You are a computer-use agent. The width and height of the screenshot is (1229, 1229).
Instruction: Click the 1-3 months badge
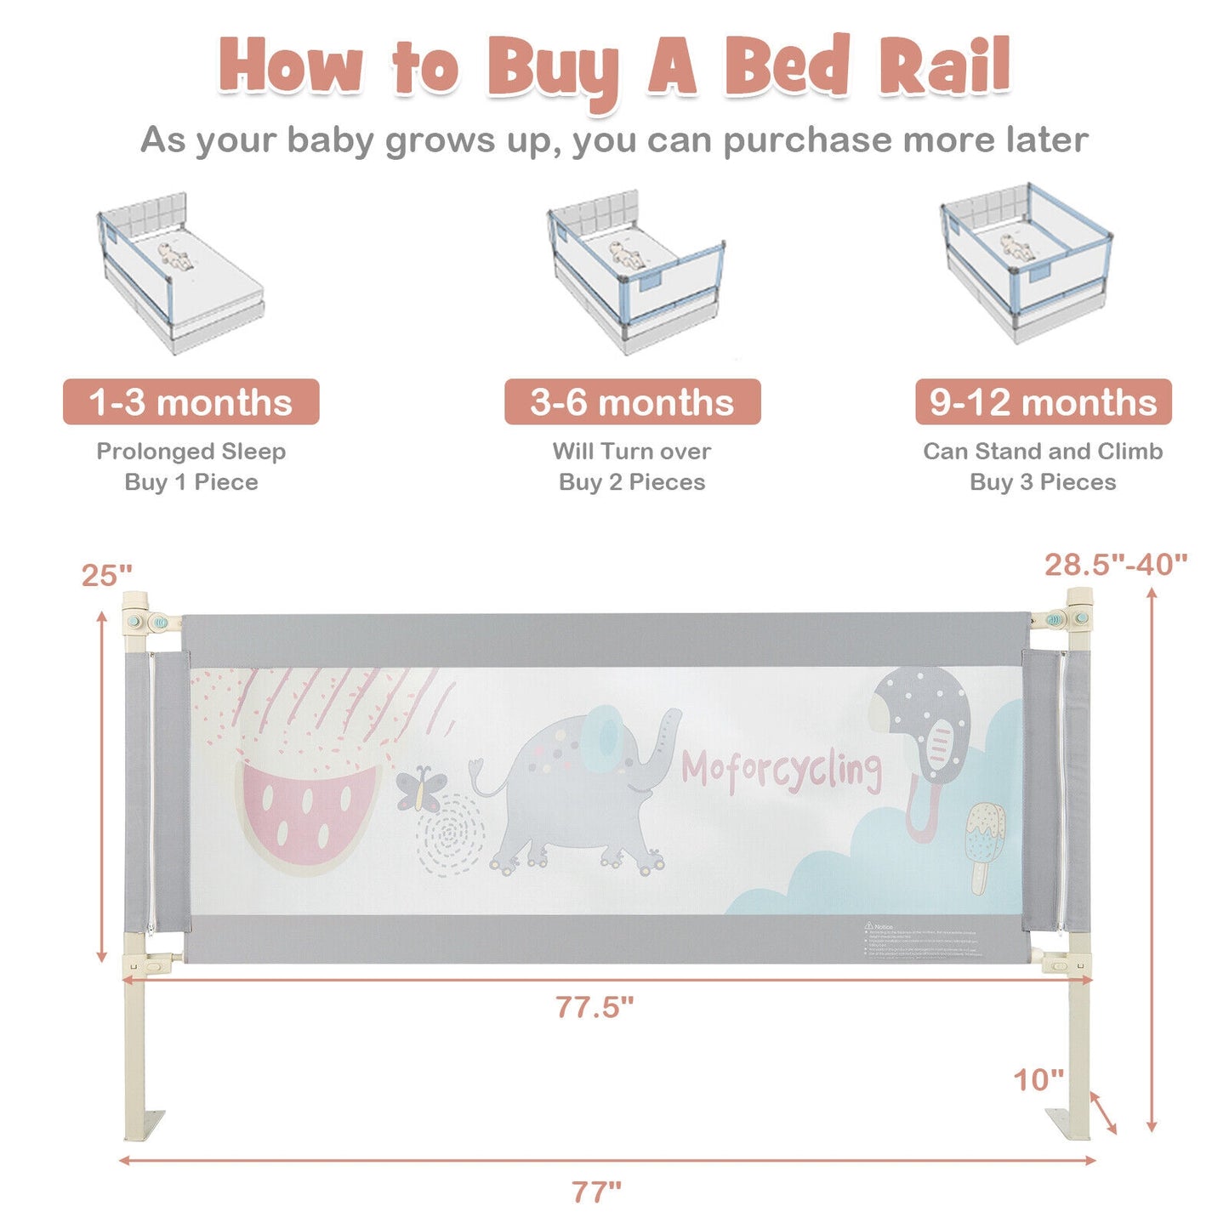coord(191,402)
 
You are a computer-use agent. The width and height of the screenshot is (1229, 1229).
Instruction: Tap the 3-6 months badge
coord(632,402)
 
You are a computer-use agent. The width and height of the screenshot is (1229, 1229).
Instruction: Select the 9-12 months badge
coord(1043,402)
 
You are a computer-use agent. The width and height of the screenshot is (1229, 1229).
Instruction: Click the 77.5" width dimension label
coord(595,1007)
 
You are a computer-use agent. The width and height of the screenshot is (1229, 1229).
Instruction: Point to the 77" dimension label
coord(596,1192)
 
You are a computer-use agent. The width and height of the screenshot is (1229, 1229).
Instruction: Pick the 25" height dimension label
coord(107,576)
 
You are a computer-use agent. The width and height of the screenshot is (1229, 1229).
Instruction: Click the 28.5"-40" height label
coord(1115,564)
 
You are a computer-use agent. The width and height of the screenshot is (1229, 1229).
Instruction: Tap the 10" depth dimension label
coord(1038,1080)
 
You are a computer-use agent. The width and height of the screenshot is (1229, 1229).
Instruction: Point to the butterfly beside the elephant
coord(421,789)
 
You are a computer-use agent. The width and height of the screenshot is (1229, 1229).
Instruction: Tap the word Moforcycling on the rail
coord(781,771)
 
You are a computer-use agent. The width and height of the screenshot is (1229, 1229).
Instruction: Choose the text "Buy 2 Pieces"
coord(632,482)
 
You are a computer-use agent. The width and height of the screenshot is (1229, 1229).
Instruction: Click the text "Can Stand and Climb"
coord(1043,452)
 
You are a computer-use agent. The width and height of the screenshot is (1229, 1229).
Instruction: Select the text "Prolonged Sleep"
coord(191,452)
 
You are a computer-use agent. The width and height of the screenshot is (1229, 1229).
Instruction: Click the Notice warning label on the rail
coord(923,941)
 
